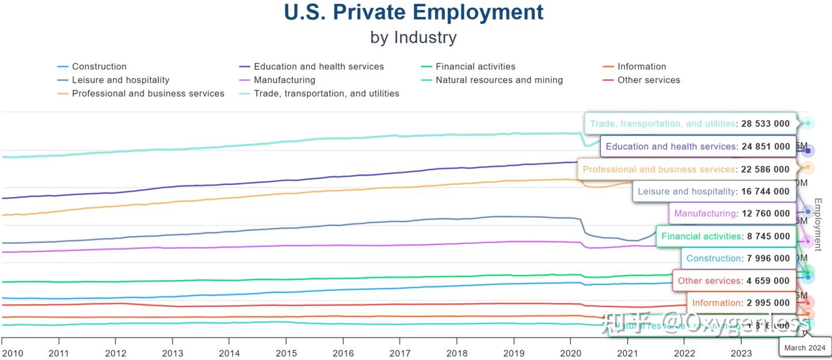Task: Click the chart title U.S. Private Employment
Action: (x=414, y=12)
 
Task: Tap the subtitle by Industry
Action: (x=414, y=38)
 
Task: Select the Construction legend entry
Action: (x=99, y=66)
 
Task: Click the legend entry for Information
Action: (x=641, y=66)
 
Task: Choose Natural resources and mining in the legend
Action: (x=499, y=80)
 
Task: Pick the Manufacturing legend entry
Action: (x=284, y=80)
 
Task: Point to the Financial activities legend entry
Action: (x=475, y=66)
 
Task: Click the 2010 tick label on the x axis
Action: (x=13, y=353)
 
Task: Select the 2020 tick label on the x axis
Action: (x=570, y=353)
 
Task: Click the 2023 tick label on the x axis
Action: (x=741, y=353)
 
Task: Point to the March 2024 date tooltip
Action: (x=805, y=348)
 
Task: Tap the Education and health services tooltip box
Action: (x=697, y=147)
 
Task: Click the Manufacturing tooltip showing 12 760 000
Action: (x=731, y=213)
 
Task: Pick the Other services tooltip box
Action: (x=733, y=281)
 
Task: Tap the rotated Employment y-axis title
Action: (x=818, y=224)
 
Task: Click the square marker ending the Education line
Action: (x=808, y=151)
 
